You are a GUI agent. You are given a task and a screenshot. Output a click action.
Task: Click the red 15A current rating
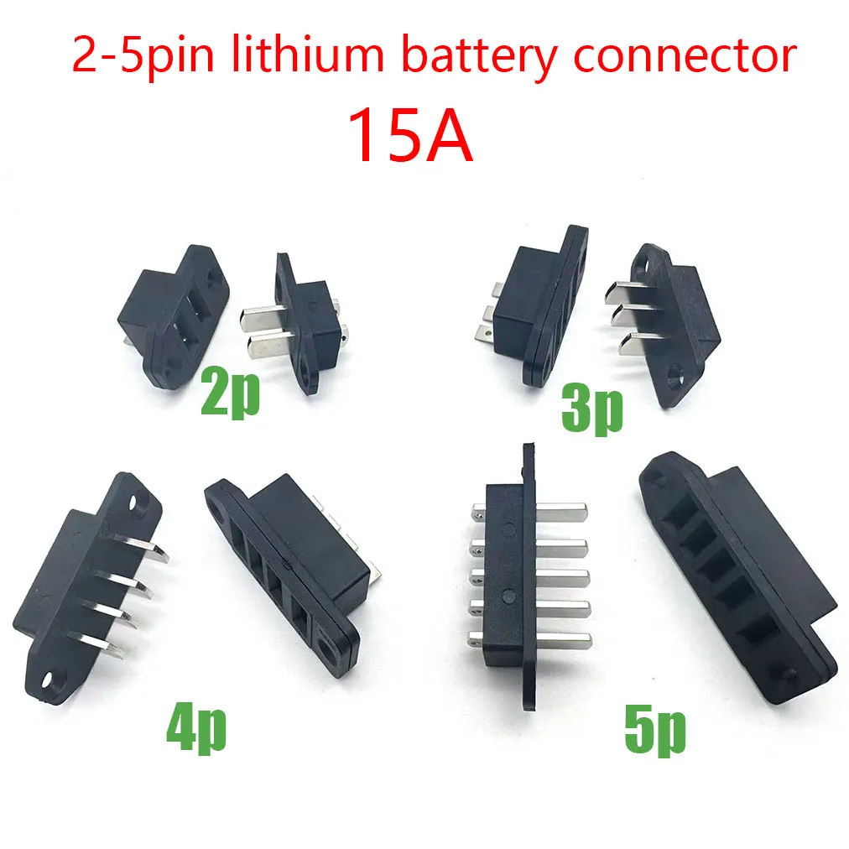[410, 135]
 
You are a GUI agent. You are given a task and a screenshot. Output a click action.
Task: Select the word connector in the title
[685, 56]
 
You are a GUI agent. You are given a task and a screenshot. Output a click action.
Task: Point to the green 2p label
[230, 393]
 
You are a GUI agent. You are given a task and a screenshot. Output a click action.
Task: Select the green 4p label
[196, 727]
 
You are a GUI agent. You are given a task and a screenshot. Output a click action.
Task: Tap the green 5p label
[655, 731]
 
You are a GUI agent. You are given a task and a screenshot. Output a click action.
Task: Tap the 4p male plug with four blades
[89, 587]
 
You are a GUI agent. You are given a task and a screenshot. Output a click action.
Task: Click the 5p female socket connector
[737, 576]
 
